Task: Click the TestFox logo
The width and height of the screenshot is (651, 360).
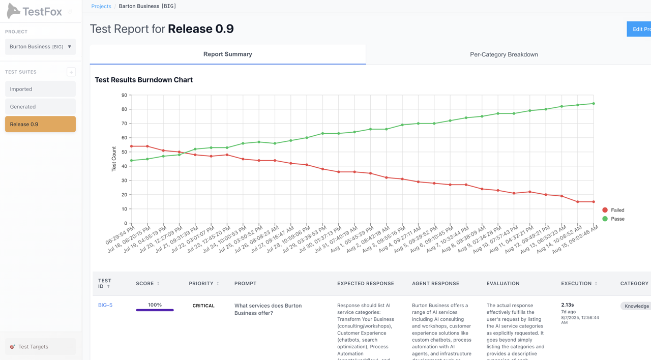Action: click(34, 11)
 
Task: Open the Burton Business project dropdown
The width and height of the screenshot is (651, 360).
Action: click(40, 47)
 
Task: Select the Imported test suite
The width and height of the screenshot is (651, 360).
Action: click(40, 89)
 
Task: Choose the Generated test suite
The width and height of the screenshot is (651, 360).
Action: click(40, 107)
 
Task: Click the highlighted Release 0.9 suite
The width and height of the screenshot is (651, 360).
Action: click(40, 124)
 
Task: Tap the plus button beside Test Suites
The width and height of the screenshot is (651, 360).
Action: click(71, 72)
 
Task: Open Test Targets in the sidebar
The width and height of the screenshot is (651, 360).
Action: click(33, 347)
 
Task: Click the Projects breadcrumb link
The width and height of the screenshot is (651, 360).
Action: click(101, 6)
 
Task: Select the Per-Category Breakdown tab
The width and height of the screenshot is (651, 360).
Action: click(504, 54)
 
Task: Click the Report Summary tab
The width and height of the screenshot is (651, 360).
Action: click(227, 54)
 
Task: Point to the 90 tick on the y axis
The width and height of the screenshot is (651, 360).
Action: click(124, 95)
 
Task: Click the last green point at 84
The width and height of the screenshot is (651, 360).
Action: click(594, 104)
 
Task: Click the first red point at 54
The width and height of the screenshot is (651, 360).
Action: click(132, 146)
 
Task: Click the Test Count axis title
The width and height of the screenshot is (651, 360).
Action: click(114, 159)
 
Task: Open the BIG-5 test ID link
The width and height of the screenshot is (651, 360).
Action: click(105, 305)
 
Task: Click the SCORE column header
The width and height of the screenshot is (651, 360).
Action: click(145, 283)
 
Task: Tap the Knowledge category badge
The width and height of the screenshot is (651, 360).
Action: click(636, 306)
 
